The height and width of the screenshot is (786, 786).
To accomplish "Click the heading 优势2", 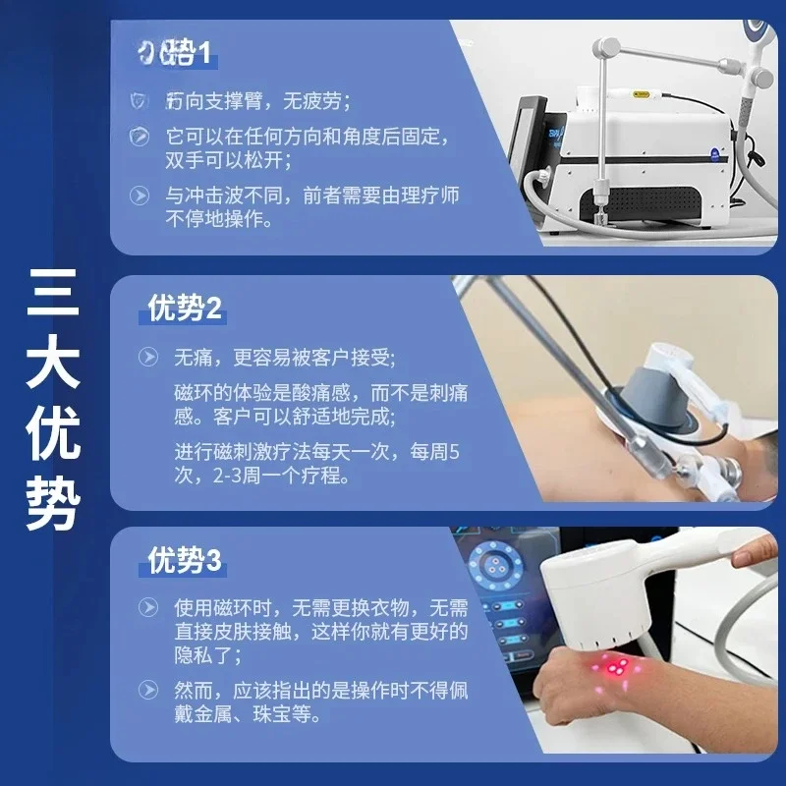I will coord(184,309).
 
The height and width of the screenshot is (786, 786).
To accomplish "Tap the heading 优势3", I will coord(184,561).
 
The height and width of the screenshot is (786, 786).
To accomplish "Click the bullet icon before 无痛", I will coord(147,357).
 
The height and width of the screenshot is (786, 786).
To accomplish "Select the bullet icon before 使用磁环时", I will coord(147,606).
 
